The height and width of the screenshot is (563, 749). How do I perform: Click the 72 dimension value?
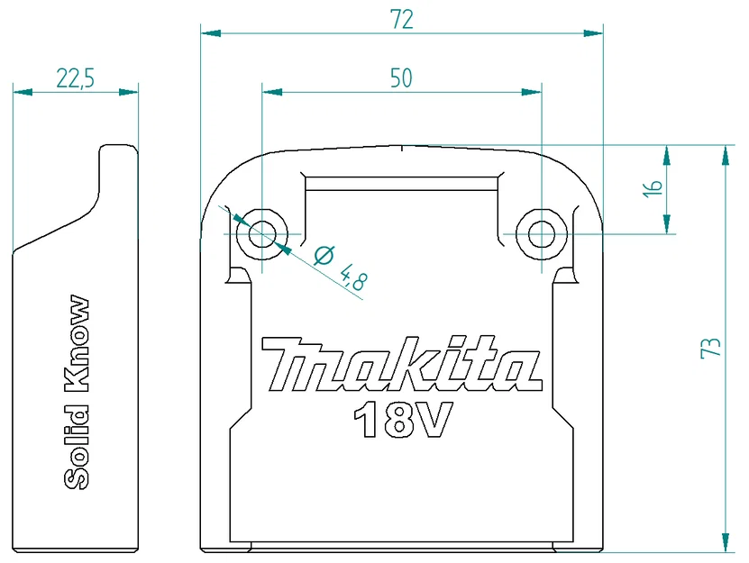pos(402,20)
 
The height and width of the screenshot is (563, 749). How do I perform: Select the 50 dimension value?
pos(401,78)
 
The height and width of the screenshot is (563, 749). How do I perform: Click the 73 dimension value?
pos(711,348)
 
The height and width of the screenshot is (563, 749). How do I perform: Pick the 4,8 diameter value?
pos(352,276)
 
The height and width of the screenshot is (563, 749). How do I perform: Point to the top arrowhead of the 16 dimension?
pos(666,155)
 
